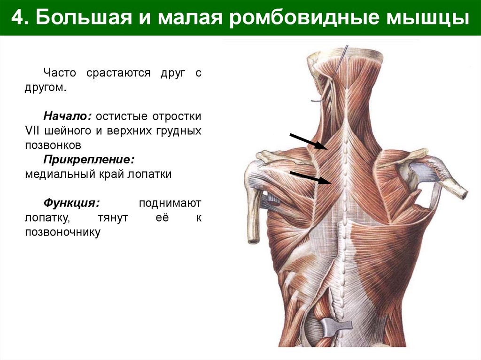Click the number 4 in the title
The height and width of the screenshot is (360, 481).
(x=17, y=18)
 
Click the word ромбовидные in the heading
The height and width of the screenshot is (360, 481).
(x=301, y=18)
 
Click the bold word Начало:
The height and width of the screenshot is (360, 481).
(x=69, y=115)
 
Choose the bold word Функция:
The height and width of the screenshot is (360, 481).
(x=72, y=203)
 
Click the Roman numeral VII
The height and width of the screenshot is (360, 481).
(x=32, y=130)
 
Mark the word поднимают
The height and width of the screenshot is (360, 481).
(x=170, y=203)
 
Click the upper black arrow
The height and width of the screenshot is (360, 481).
(x=308, y=141)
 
